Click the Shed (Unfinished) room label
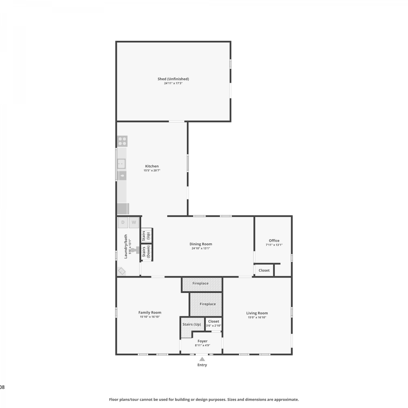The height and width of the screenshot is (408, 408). click(173, 79)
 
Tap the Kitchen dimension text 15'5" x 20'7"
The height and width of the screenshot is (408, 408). click(152, 171)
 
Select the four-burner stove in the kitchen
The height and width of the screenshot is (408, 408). click(122, 141)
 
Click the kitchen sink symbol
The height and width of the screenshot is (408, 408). click(121, 164)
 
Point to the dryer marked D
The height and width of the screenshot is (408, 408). click(123, 222)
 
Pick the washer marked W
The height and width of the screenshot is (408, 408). click(134, 222)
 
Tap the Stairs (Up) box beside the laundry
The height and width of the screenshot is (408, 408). click(147, 236)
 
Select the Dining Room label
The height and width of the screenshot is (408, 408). click(201, 244)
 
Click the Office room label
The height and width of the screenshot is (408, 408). click(274, 240)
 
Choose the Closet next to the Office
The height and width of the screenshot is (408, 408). click(264, 270)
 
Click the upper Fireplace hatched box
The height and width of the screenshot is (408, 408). click(202, 284)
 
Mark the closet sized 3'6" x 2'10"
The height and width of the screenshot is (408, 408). click(214, 324)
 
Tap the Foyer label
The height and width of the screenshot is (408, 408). click(202, 341)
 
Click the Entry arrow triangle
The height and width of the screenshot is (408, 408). click(202, 359)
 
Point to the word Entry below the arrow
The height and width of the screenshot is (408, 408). click(202, 365)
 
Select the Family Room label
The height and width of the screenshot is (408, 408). click(150, 313)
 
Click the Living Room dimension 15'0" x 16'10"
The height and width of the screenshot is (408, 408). click(257, 317)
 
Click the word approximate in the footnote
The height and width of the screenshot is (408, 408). click(286, 400)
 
